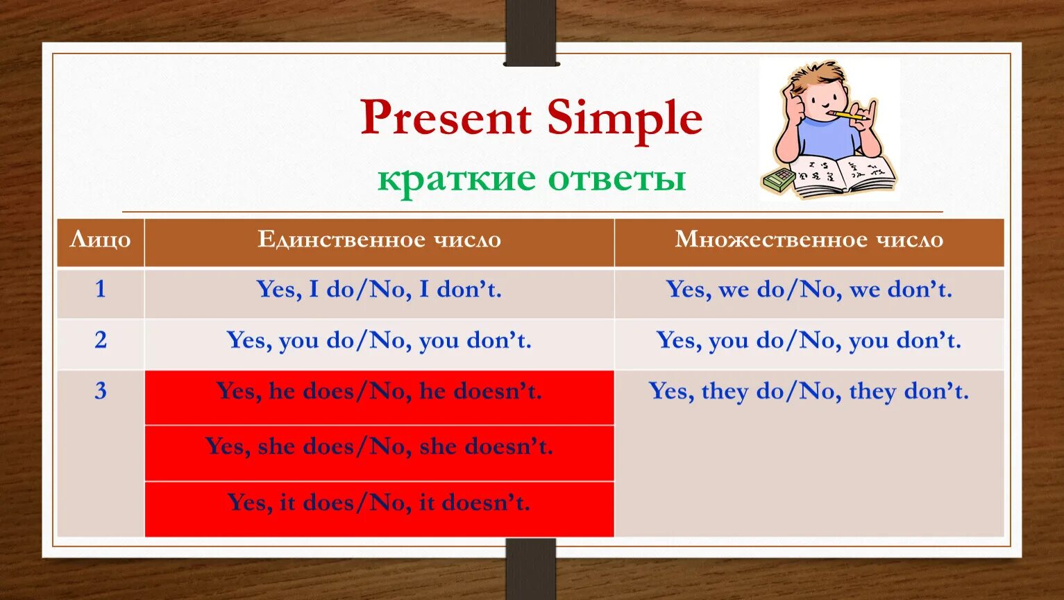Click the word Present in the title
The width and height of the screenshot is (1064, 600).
click(446, 117)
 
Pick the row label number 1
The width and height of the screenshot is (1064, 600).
click(100, 289)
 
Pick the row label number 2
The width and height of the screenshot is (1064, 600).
click(100, 340)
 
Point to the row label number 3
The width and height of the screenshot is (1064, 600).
click(100, 391)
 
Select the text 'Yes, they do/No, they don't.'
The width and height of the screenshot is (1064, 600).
click(809, 391)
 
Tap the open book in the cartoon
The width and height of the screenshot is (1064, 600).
click(843, 176)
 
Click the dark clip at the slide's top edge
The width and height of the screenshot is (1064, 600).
click(530, 33)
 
